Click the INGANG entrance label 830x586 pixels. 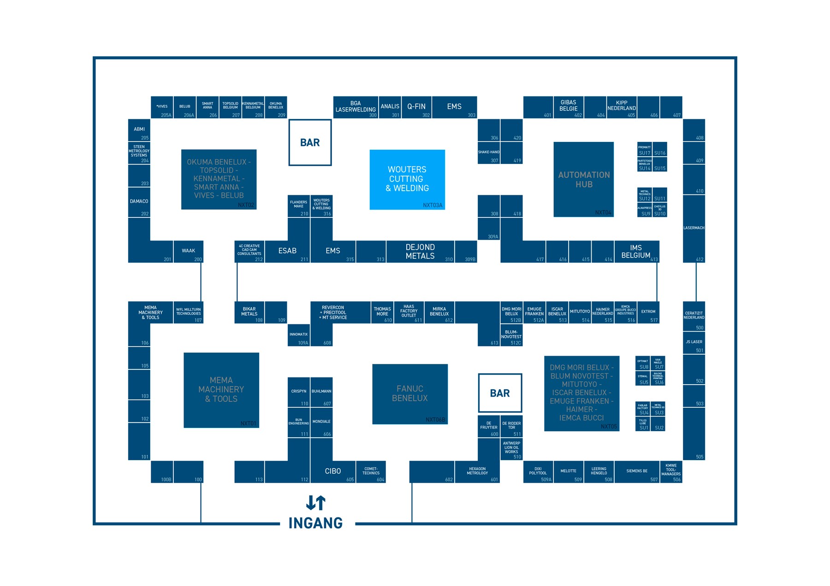315,523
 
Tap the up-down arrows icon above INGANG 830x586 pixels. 316,503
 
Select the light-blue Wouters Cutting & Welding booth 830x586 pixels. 407,179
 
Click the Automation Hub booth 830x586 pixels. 583,179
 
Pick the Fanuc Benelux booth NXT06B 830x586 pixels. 409,394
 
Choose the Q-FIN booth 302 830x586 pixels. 416,107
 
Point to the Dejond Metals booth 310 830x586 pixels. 420,252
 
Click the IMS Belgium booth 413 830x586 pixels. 636,252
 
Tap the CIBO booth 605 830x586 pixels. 333,471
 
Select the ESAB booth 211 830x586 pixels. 287,251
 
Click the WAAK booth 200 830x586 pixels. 188,252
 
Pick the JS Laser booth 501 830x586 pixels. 694,343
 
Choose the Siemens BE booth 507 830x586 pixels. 637,472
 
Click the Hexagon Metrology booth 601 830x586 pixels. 477,472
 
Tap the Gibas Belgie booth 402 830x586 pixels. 568,107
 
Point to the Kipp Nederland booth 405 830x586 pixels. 622,107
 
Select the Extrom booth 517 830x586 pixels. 648,312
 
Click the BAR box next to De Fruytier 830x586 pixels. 500,393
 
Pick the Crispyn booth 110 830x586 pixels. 299,393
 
